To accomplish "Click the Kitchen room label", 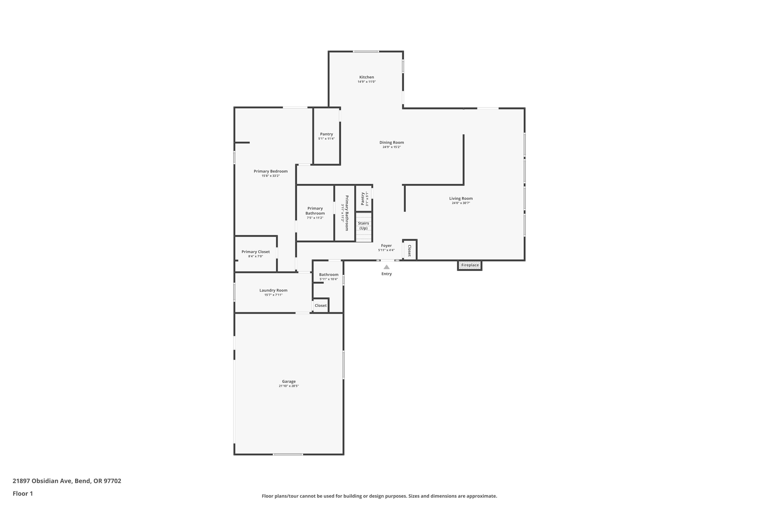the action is [x=367, y=77].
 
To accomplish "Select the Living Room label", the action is [x=461, y=198].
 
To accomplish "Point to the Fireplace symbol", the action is [x=470, y=265].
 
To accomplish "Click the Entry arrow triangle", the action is [x=387, y=267].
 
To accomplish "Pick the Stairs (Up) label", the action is [x=363, y=226].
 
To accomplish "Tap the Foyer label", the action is [x=386, y=246].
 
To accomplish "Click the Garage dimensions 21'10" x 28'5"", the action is [x=289, y=386].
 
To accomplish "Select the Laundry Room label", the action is [x=273, y=290].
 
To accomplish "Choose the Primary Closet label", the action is [x=256, y=252].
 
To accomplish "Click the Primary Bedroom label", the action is [x=270, y=171].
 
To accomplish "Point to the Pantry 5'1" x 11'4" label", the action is [x=326, y=136].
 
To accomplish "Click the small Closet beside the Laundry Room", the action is [x=321, y=306].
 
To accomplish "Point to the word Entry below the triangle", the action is [x=387, y=274].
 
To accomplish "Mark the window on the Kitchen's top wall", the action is [x=366, y=51].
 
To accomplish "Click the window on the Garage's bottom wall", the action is [x=288, y=454].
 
